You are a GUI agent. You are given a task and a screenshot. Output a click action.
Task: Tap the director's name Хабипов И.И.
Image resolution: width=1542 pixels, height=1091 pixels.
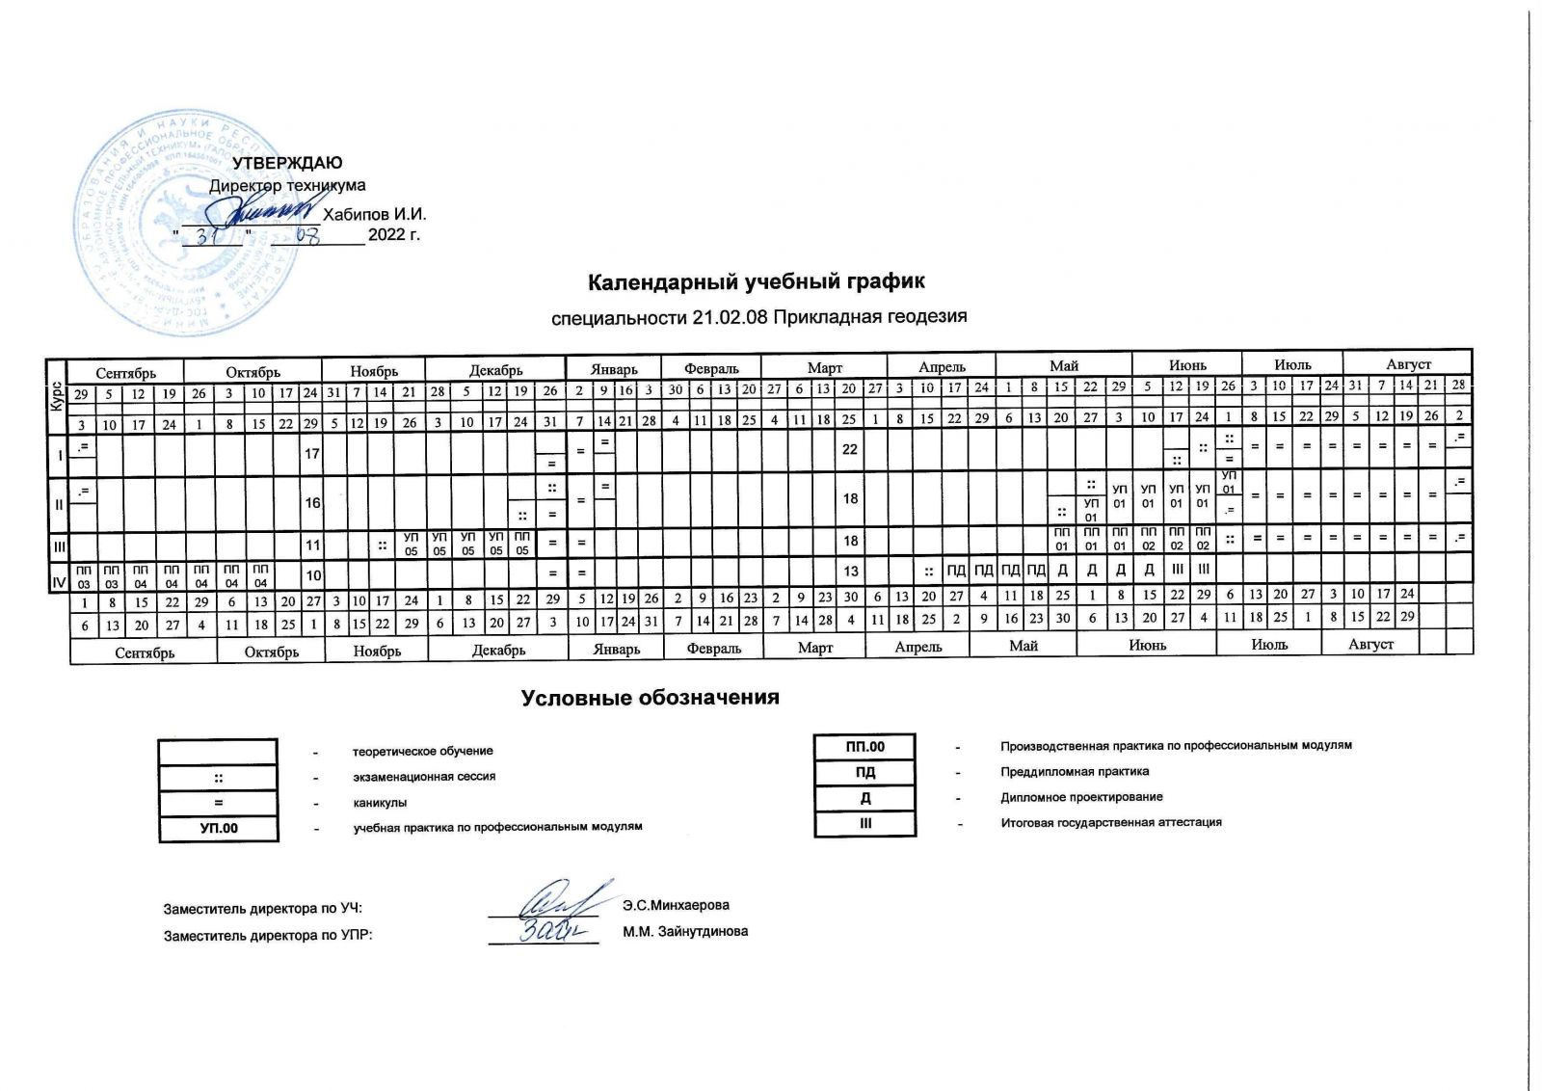[x=375, y=214]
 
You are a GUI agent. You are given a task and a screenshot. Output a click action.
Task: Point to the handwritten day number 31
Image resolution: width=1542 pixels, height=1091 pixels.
[x=211, y=236]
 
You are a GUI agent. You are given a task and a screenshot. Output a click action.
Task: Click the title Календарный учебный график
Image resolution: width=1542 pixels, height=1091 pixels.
[x=757, y=281]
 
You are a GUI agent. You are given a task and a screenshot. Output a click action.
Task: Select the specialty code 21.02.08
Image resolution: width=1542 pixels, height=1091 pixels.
[x=730, y=317]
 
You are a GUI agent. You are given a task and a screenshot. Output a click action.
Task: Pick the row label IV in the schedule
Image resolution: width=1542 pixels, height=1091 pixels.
[x=58, y=576]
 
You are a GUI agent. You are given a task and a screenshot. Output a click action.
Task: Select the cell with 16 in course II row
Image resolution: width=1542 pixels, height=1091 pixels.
[x=312, y=502]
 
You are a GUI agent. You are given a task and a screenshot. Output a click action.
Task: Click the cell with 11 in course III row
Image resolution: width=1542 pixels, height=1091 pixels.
[x=312, y=544]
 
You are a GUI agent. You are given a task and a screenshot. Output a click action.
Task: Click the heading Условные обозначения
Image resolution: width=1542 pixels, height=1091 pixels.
[x=650, y=698]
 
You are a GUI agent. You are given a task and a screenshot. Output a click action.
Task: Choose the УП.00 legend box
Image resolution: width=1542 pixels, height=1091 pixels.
[x=219, y=828]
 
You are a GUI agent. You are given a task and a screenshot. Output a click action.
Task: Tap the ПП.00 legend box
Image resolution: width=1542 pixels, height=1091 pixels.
[x=864, y=746]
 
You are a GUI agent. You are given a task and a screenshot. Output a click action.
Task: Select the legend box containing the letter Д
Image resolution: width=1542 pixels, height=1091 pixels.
[x=864, y=798]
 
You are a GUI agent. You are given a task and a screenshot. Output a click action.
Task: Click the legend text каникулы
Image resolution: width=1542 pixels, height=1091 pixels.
[x=380, y=802]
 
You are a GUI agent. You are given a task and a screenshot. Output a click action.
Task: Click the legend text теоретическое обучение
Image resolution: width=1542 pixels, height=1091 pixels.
[x=423, y=751]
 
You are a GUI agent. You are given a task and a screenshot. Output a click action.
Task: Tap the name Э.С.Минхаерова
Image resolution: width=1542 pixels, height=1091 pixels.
[x=676, y=905]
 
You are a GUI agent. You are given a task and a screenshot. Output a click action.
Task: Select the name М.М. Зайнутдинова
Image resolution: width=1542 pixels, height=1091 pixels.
[x=685, y=931]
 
